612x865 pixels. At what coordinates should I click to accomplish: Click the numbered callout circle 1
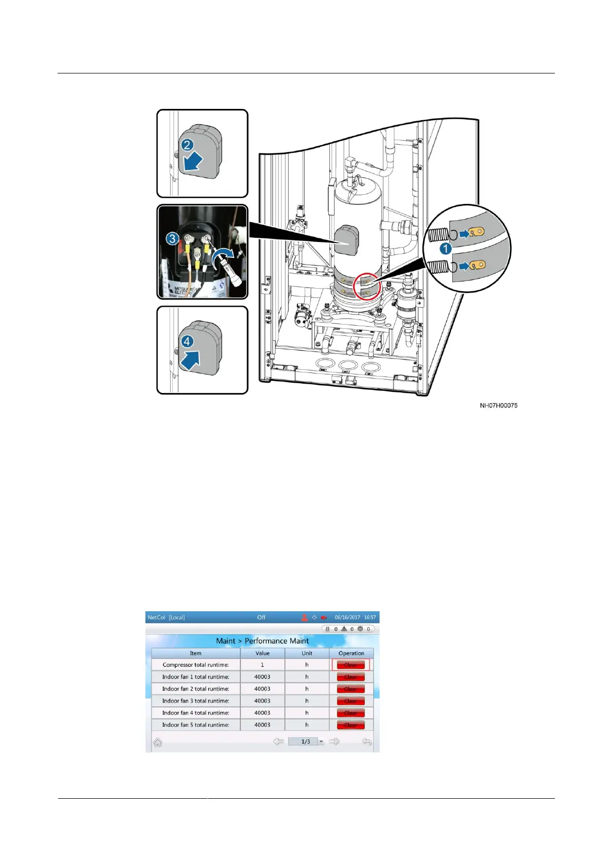pos(446,249)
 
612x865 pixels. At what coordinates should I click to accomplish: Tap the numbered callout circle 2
pos(187,145)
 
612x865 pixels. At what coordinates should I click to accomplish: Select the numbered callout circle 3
pos(172,238)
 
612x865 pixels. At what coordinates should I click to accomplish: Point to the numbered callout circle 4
pos(187,341)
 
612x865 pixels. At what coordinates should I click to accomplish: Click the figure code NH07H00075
pos(498,405)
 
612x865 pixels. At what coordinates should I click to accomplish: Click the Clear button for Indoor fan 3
pos(350,701)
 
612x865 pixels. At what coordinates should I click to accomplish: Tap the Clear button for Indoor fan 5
pos(350,725)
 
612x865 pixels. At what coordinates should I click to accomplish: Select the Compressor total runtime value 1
pos(262,665)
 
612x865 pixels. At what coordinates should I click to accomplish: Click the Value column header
pos(262,653)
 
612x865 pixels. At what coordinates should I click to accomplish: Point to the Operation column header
pos(351,653)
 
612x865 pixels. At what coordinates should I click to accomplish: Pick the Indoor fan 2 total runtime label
pos(195,689)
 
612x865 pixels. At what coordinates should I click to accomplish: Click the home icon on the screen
pos(158,742)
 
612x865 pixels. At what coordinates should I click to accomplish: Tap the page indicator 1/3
pos(306,742)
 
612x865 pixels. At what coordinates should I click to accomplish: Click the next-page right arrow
pos(334,741)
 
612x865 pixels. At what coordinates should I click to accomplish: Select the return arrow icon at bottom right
pos(366,742)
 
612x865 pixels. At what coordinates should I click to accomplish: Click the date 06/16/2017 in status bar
pos(347,617)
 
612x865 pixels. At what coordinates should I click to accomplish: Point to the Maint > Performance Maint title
pos(262,641)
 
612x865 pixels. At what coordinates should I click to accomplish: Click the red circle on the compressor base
pos(367,286)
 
